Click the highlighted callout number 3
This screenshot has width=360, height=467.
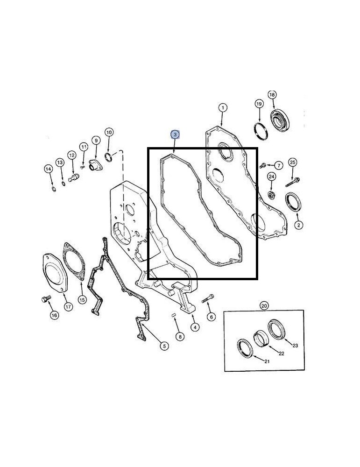point(175,134)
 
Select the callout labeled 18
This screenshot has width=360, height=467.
point(272,95)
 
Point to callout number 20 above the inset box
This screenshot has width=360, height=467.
point(264,305)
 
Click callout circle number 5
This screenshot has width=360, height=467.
point(164,346)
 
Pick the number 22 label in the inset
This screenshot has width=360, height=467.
point(282,354)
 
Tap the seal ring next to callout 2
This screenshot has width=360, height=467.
point(294,201)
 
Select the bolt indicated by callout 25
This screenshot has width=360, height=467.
point(292,182)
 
